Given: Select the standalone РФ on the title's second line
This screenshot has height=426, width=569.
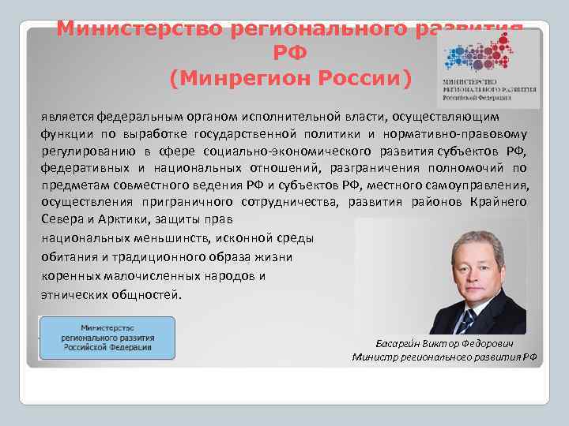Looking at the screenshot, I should [290, 54].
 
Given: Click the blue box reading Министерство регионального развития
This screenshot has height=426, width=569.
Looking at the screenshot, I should [107, 338].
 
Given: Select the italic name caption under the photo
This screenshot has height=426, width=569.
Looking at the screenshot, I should [447, 344].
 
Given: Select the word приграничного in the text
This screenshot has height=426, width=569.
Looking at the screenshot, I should [162, 202].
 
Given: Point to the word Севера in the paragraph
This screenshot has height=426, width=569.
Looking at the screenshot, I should [61, 219].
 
